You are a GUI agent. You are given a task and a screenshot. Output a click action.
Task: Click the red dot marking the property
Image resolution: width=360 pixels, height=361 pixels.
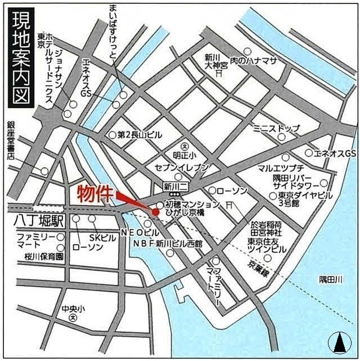pos(155,212)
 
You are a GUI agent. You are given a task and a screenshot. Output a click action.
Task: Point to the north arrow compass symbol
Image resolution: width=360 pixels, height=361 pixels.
pos(340,341)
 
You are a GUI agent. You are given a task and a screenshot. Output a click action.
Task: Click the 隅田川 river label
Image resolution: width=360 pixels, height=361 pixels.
pos(331,279)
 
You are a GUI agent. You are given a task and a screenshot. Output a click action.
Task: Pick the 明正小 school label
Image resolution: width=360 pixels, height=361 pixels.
pos(185,156)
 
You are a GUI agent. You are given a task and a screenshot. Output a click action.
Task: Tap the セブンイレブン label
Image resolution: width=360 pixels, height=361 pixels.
pos(185,168)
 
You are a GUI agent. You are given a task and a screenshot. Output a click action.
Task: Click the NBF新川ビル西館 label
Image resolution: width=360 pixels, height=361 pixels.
pos(168,243)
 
